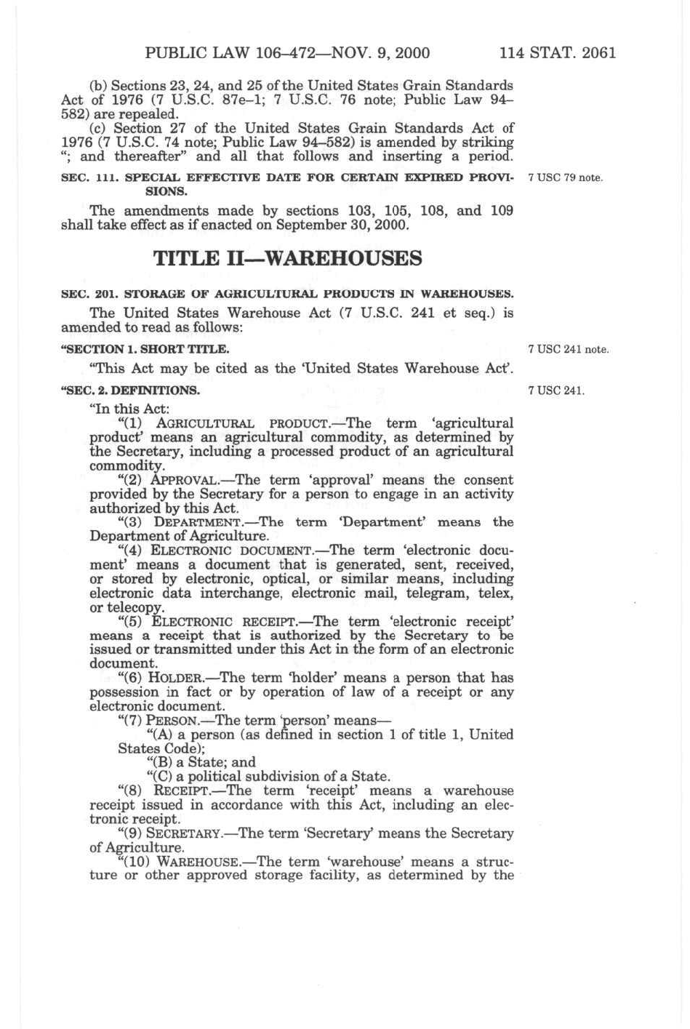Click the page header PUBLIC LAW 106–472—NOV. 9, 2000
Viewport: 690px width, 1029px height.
[287, 52]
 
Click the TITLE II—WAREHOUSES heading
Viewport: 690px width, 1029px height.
[287, 258]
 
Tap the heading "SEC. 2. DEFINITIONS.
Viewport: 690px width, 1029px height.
[130, 390]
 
